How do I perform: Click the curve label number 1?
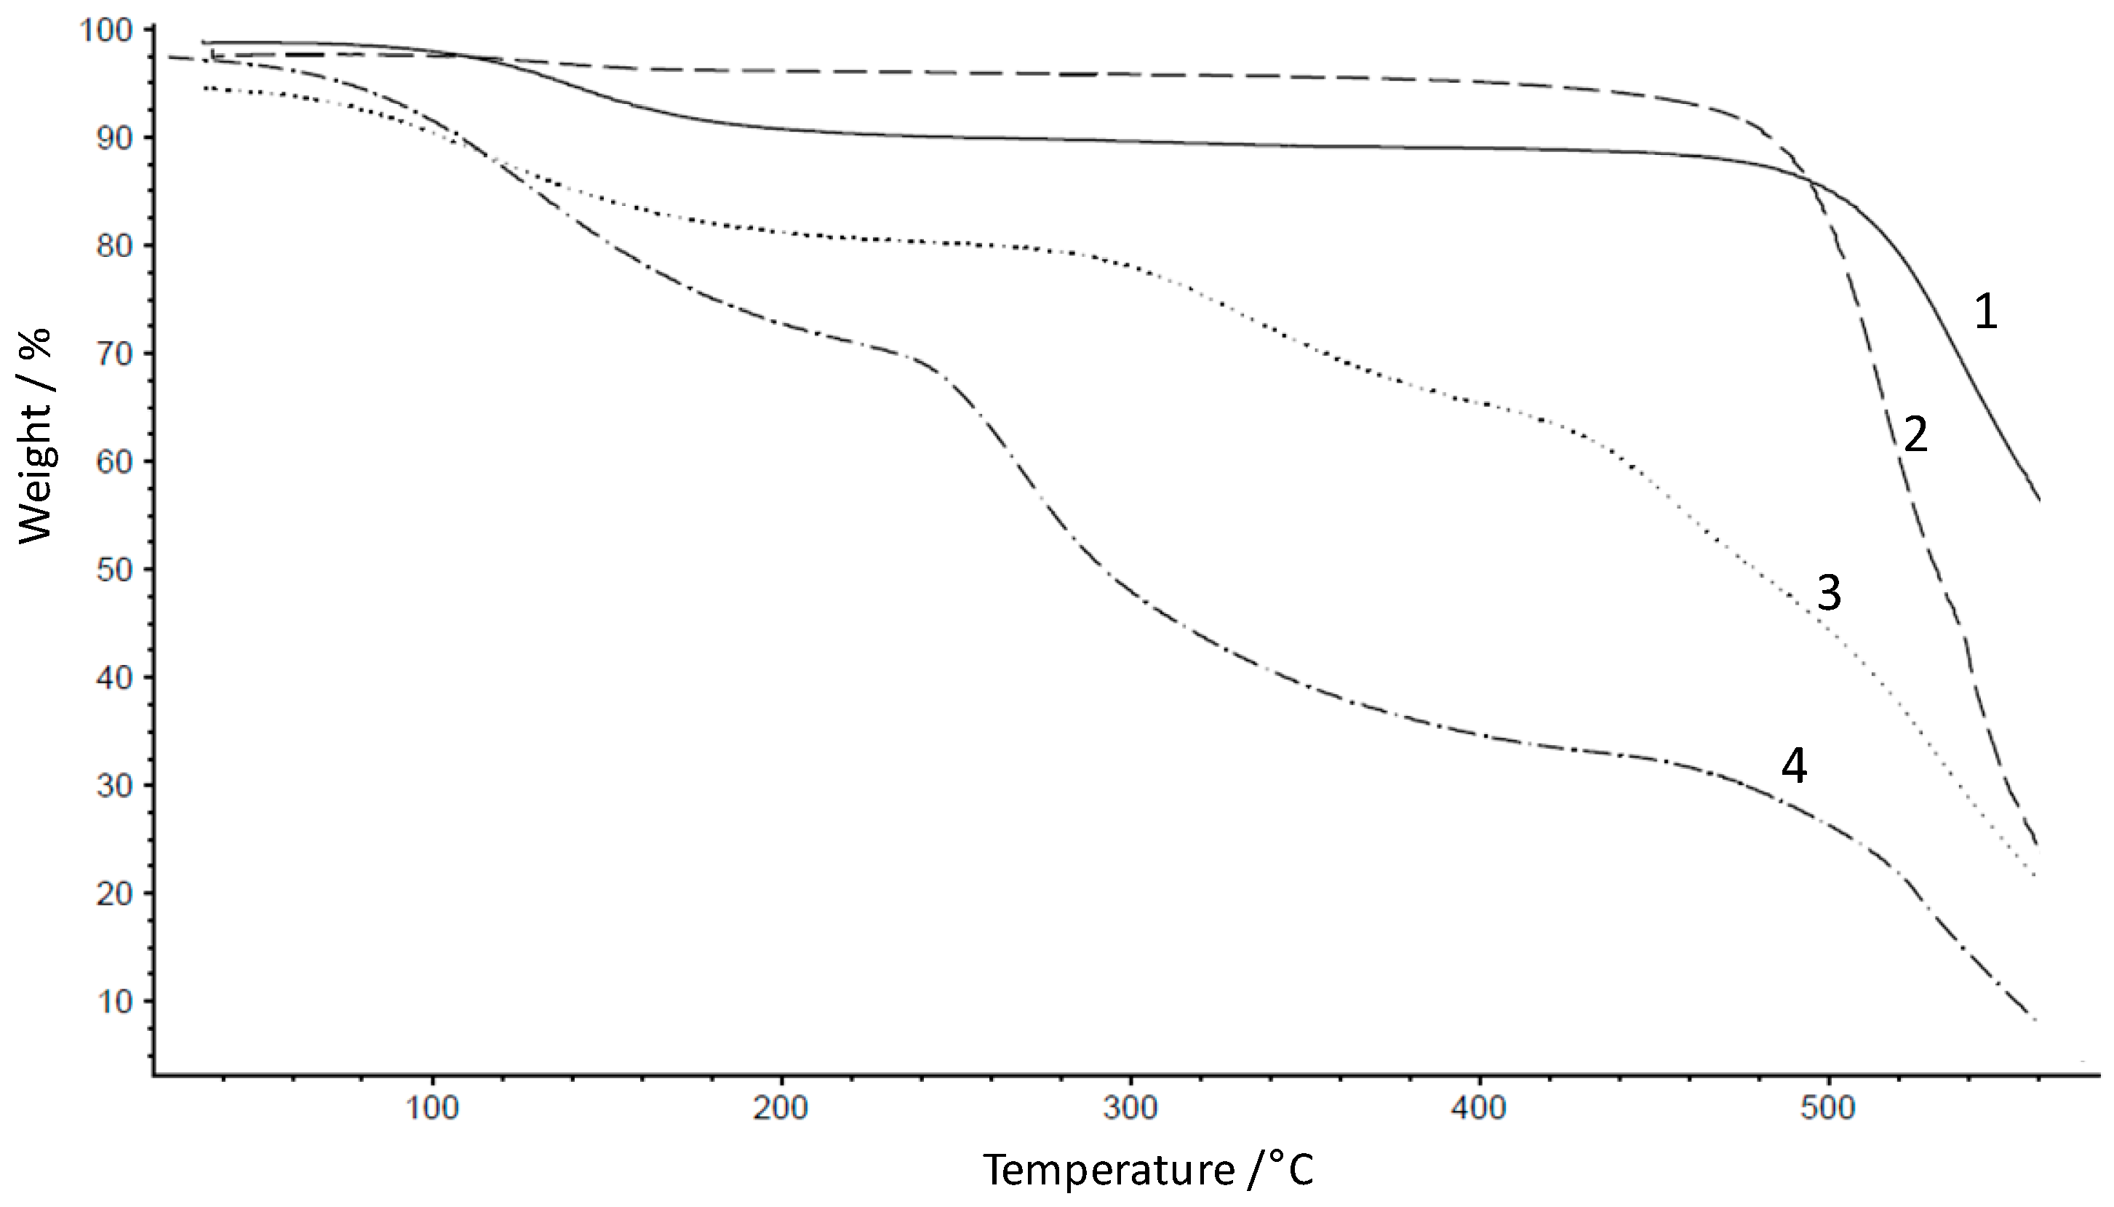pyautogui.click(x=1985, y=314)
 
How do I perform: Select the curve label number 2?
pyautogui.click(x=1915, y=435)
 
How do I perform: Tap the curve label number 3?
pyautogui.click(x=1829, y=594)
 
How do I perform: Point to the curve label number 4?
pyautogui.click(x=1794, y=767)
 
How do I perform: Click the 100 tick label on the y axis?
pyautogui.click(x=105, y=31)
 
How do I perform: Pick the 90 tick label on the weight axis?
pyautogui.click(x=113, y=138)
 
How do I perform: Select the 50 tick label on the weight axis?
pyautogui.click(x=113, y=570)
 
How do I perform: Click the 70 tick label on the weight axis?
pyautogui.click(x=113, y=354)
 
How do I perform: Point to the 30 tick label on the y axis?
pyautogui.click(x=113, y=786)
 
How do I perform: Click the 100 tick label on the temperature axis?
pyautogui.click(x=433, y=1108)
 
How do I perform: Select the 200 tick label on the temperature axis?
pyautogui.click(x=781, y=1108)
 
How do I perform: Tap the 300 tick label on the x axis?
pyautogui.click(x=1130, y=1108)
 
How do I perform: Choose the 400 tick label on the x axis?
pyautogui.click(x=1479, y=1108)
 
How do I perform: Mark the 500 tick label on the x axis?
pyautogui.click(x=1828, y=1108)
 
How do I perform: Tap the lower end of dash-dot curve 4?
pyautogui.click(x=2035, y=1019)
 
